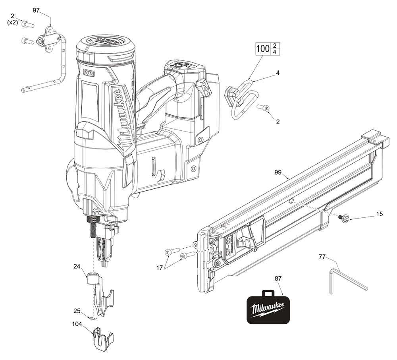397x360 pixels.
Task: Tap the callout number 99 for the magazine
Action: [278, 172]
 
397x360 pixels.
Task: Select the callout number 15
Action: [379, 214]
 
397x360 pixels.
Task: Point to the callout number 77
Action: [322, 257]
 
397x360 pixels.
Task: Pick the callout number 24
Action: [77, 267]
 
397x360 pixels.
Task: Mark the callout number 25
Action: [77, 311]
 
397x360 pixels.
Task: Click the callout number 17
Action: [159, 268]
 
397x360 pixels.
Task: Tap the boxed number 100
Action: [262, 49]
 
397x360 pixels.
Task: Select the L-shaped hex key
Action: [345, 280]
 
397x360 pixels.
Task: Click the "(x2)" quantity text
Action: [13, 22]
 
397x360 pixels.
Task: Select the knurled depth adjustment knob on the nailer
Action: [92, 220]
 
